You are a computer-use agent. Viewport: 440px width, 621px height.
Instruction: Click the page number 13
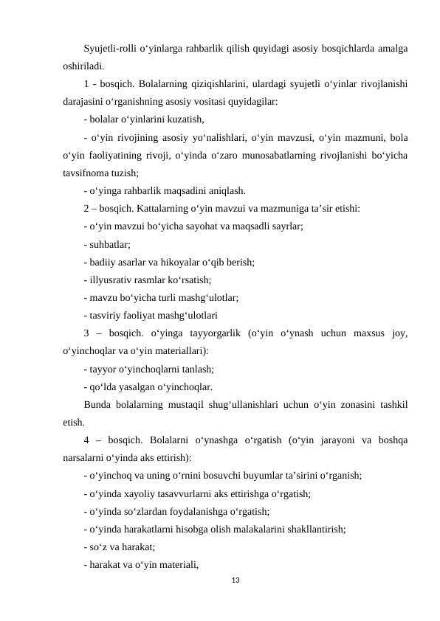click(236, 583)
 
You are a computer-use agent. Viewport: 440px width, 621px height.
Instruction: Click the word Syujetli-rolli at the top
click(110, 49)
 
